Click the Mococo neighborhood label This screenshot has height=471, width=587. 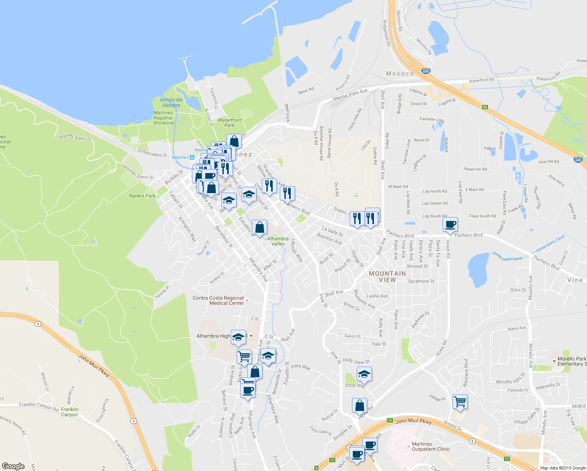coord(400,74)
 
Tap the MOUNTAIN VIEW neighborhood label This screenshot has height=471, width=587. coord(387,277)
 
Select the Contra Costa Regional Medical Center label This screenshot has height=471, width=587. coord(218,301)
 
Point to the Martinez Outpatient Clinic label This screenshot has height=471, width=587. coord(430,447)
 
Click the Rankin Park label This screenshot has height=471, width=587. coord(142,196)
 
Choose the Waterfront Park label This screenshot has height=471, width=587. coord(230,123)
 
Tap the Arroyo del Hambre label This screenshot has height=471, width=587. coord(171,102)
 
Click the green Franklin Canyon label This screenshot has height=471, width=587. coord(69,412)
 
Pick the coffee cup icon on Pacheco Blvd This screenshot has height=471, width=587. coord(450,225)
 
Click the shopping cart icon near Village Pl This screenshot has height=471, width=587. coord(460,402)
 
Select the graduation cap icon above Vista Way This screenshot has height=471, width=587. coord(364,374)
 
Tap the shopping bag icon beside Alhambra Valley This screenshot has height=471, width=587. coord(259,227)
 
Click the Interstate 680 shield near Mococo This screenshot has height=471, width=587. coord(426,71)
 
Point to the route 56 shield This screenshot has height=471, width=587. coord(485,107)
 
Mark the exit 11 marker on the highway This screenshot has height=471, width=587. coord(507,459)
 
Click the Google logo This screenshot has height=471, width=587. coord(13,466)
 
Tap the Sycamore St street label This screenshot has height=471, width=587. coord(421,281)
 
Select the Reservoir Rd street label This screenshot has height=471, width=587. coord(476,169)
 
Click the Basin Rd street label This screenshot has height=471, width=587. coord(306,91)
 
